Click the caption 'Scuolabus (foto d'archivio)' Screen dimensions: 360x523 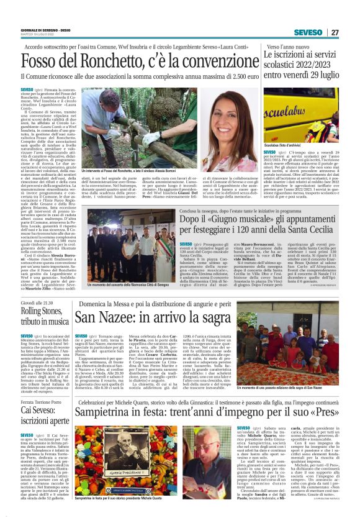point(284,145)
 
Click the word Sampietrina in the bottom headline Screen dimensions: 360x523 point(106,448)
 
